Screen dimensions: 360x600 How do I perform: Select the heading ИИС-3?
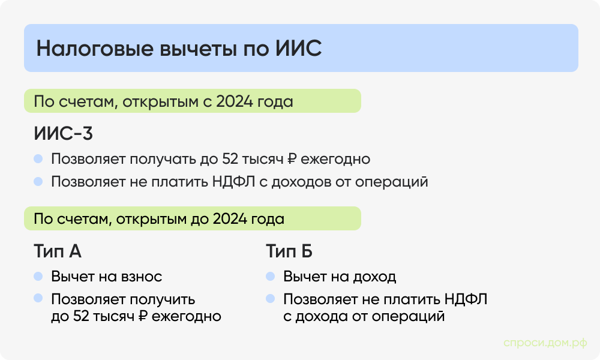[x=63, y=133]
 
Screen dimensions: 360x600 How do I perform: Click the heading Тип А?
[x=57, y=251]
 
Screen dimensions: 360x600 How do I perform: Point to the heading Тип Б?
[x=289, y=251]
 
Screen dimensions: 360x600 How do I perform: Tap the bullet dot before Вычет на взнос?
[x=38, y=277]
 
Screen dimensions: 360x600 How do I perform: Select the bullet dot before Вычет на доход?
[x=271, y=277]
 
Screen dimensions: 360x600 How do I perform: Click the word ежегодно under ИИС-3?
[x=335, y=160]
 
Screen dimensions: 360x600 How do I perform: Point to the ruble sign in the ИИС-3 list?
[x=292, y=160]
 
